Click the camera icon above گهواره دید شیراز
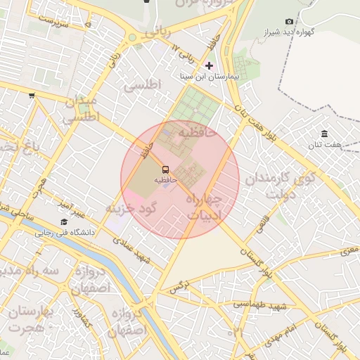[x=290, y=22]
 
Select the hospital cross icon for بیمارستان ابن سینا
[x=209, y=65]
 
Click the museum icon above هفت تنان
[x=324, y=134]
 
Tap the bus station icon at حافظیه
[x=166, y=169]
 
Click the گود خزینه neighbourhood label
[x=129, y=209]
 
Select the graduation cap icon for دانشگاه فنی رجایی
[x=63, y=222]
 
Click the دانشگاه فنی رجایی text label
[x=67, y=232]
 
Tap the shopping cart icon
[x=32, y=95]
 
